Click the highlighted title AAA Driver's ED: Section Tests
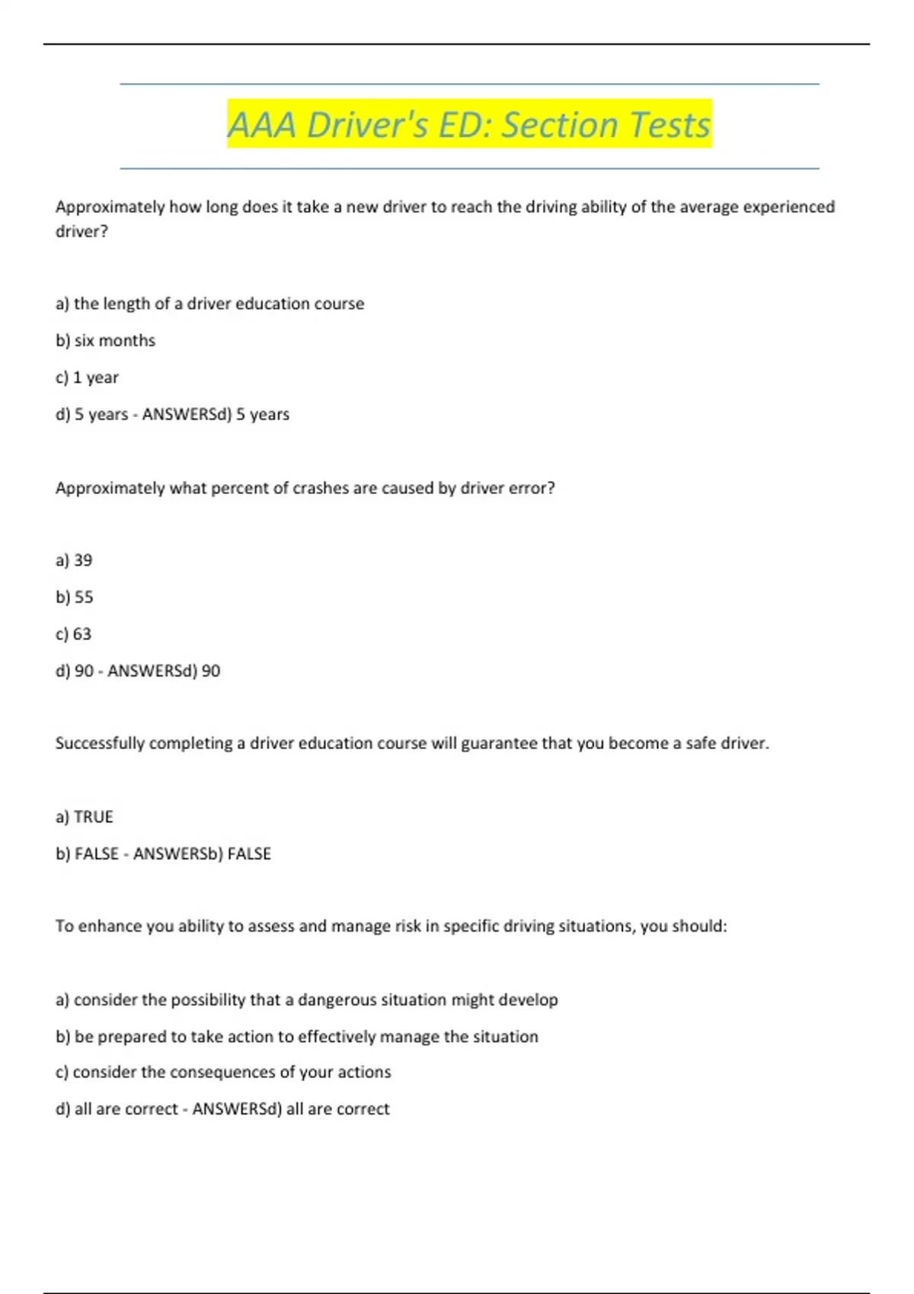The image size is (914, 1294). pyautogui.click(x=468, y=124)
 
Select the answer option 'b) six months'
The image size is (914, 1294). pyautogui.click(x=105, y=340)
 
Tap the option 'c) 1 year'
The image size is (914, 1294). pyautogui.click(x=87, y=378)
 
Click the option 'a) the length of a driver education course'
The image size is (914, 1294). pyautogui.click(x=209, y=304)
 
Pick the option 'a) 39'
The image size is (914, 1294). pyautogui.click(x=74, y=560)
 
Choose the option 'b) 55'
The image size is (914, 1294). pyautogui.click(x=74, y=597)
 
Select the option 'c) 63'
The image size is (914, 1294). pyautogui.click(x=73, y=633)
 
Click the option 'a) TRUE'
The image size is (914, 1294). pyautogui.click(x=84, y=817)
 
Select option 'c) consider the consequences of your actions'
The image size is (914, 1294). pyautogui.click(x=223, y=1072)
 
